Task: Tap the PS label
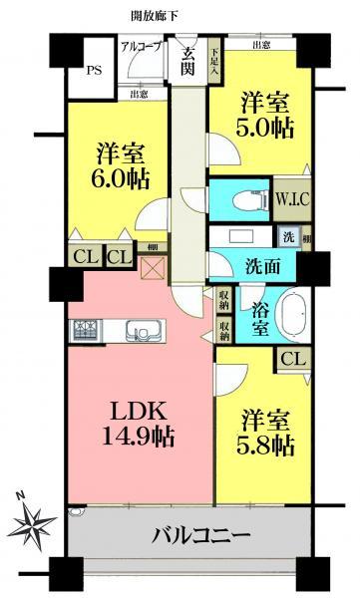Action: pyautogui.click(x=94, y=71)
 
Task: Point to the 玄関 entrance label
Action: pyautogui.click(x=188, y=62)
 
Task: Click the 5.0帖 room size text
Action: pyautogui.click(x=264, y=130)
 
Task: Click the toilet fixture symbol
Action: pyautogui.click(x=242, y=199)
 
